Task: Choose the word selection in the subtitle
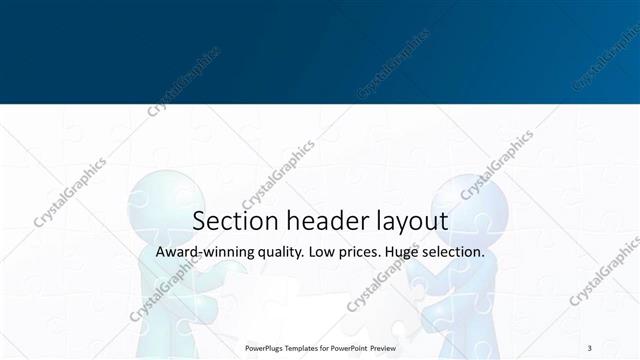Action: coord(455,252)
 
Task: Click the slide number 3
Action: coord(589,347)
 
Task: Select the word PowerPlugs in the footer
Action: coord(265,348)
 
